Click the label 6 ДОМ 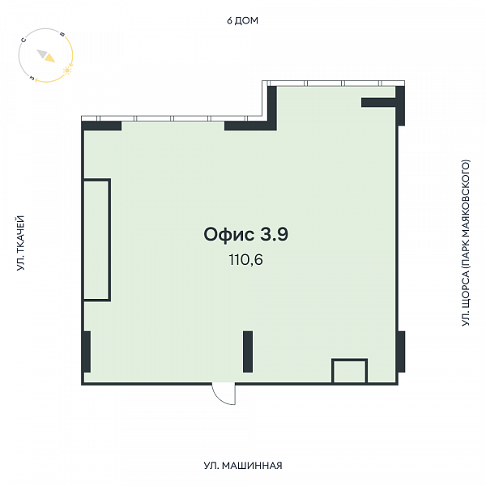[242, 21]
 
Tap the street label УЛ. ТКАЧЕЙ [21, 243]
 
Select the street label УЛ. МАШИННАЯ [243, 466]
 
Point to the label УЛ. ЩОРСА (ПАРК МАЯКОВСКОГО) [466, 243]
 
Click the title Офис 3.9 [245, 234]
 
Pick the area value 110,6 [245, 260]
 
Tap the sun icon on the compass [67, 70]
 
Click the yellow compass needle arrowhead [49, 58]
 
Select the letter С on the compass [23, 40]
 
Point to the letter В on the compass [62, 34]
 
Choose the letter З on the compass [32, 78]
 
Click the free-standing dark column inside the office [248, 352]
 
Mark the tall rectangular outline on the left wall [110, 240]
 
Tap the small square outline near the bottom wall [350, 360]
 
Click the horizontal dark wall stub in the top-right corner [378, 103]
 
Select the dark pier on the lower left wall [87, 352]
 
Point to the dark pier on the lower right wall [401, 352]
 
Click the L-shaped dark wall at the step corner [272, 126]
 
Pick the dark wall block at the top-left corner [101, 126]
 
